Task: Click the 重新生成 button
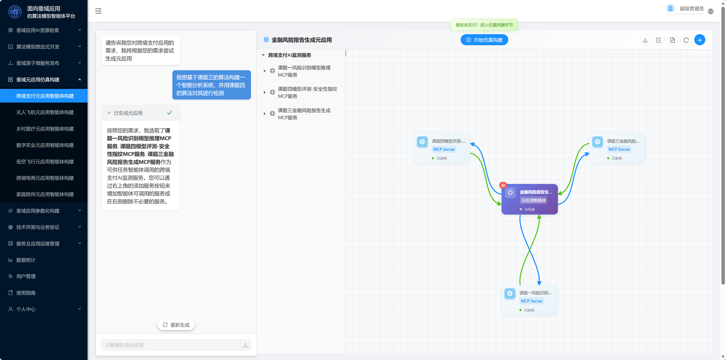(x=176, y=325)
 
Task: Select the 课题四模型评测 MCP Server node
(x=442, y=148)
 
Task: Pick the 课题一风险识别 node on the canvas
(x=530, y=300)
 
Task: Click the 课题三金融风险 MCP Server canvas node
(x=617, y=148)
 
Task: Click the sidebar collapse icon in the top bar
(x=98, y=11)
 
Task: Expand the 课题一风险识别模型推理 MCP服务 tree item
(x=265, y=71)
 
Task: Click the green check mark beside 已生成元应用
(x=169, y=113)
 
